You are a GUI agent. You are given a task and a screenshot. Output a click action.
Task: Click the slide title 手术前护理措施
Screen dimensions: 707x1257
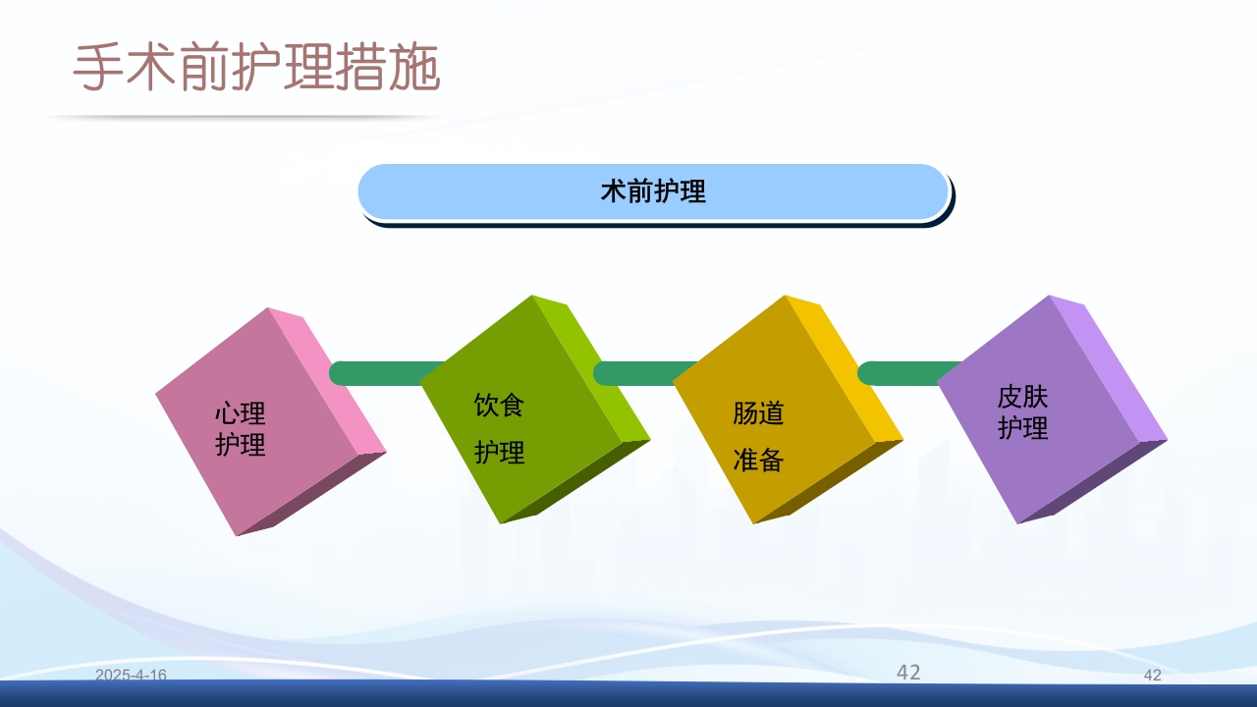pyautogui.click(x=256, y=69)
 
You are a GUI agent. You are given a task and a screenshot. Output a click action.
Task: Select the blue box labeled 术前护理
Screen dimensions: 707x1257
pyautogui.click(x=653, y=191)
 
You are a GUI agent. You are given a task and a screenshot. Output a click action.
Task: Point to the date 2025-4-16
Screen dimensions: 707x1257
pyautogui.click(x=131, y=675)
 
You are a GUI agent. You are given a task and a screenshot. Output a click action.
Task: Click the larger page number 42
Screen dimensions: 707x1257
pyautogui.click(x=908, y=672)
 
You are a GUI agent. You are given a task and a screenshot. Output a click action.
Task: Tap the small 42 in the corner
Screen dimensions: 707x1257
pyautogui.click(x=1153, y=675)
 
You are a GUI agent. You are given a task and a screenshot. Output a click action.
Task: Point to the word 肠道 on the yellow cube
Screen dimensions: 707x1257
pyautogui.click(x=758, y=412)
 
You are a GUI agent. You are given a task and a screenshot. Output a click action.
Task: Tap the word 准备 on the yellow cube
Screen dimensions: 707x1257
pyautogui.click(x=758, y=460)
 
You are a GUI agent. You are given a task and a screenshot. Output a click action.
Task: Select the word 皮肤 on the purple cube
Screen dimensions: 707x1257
pyautogui.click(x=1022, y=397)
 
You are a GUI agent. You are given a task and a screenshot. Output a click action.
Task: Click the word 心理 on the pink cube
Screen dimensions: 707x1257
pyautogui.click(x=241, y=412)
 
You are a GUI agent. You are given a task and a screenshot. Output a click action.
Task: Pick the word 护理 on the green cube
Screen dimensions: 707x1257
pyautogui.click(x=500, y=452)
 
